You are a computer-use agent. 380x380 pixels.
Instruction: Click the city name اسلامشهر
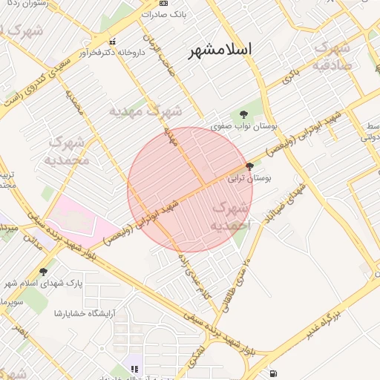[220, 50]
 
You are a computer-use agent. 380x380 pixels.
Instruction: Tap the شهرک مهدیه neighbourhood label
[145, 111]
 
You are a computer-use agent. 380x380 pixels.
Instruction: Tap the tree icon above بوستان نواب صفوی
[244, 114]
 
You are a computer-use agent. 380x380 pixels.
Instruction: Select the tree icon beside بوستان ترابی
[248, 166]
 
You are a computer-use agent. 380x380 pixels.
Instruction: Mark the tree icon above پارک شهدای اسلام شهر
[43, 272]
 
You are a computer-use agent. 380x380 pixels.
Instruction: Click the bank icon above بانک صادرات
[164, 3]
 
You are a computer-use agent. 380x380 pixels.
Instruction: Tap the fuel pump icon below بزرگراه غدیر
[274, 372]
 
